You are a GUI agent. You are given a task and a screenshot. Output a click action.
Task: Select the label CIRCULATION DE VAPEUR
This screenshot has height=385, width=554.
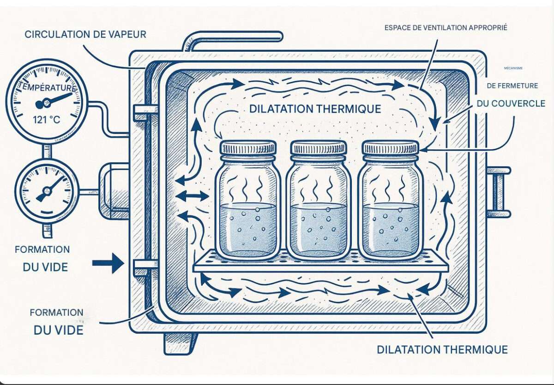(85, 34)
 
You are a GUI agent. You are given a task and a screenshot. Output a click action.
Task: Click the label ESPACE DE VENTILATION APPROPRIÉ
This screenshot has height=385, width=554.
(446, 28)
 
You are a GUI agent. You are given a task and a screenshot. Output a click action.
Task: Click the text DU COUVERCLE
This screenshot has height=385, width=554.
(511, 104)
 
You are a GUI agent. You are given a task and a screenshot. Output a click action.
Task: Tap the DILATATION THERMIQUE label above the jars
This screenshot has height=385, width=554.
(315, 109)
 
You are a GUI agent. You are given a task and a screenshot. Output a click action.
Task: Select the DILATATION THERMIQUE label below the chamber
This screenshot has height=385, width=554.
(442, 349)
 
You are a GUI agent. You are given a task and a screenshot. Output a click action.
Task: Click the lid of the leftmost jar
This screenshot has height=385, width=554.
(248, 148)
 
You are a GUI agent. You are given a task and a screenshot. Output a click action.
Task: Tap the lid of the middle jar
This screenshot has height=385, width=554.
(319, 148)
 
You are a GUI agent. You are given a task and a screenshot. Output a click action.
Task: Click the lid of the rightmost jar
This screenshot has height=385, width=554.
(391, 148)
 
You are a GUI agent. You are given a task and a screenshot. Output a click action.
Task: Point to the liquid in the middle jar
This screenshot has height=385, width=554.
(319, 229)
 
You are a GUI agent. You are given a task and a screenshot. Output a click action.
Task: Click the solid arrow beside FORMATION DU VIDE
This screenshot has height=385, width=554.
(108, 263)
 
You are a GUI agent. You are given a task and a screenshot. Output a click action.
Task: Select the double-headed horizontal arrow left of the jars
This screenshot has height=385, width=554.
(192, 196)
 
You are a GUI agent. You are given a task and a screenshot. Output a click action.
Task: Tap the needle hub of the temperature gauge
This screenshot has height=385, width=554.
(45, 104)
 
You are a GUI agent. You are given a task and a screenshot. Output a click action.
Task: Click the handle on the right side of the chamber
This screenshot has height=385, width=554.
(499, 192)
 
